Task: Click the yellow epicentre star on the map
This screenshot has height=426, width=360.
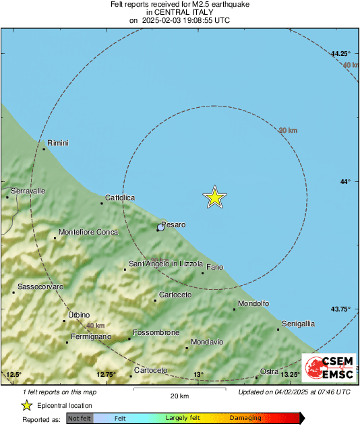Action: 214,197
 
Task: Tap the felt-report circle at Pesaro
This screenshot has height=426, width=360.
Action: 160,228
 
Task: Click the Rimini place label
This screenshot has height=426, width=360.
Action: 57,143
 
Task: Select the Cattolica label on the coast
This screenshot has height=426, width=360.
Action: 119,197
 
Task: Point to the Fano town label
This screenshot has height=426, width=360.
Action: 214,268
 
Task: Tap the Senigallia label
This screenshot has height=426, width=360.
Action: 298,324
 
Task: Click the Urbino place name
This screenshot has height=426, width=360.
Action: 79,315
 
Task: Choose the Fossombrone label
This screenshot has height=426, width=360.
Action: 156,333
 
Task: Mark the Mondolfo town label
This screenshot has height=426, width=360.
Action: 254,304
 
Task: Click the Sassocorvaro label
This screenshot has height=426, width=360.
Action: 40,287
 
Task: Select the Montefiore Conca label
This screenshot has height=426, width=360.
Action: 88,233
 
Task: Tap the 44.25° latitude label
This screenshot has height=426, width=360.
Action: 341,53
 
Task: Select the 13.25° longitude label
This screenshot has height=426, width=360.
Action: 290,375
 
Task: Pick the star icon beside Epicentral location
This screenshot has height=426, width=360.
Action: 26,405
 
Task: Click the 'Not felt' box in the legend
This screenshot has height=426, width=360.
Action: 80,418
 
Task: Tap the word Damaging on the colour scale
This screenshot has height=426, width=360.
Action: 245,418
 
